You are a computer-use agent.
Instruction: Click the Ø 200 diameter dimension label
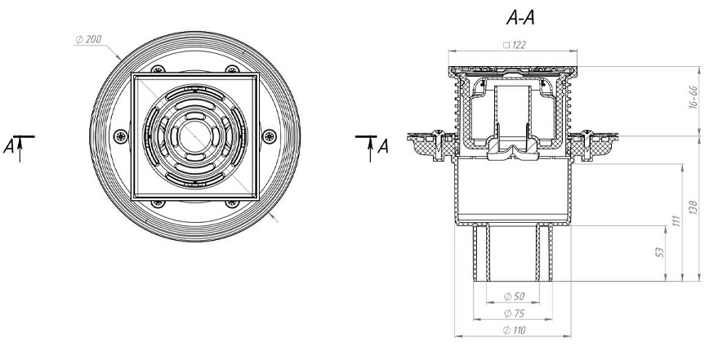pyautogui.click(x=88, y=40)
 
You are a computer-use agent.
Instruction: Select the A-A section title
pyautogui.click(x=520, y=18)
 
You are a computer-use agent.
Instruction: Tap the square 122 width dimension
pyautogui.click(x=515, y=45)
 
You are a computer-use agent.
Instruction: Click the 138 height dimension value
pyautogui.click(x=694, y=207)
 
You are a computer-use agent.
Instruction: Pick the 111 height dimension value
pyautogui.click(x=676, y=220)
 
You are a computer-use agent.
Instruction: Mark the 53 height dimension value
pyautogui.click(x=659, y=251)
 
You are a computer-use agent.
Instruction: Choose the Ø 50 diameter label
pyautogui.click(x=515, y=296)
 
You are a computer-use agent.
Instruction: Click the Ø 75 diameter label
pyautogui.click(x=515, y=313)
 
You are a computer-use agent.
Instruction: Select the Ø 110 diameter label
pyautogui.click(x=515, y=331)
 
